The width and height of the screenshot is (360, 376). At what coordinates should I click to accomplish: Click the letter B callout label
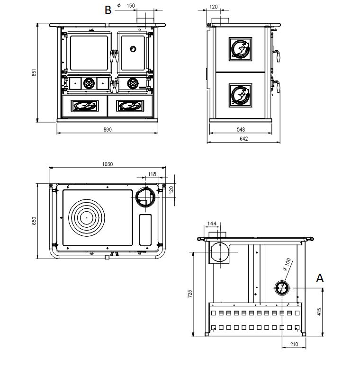coord(108,9)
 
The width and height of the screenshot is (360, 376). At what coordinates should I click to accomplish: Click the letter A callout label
coord(320,278)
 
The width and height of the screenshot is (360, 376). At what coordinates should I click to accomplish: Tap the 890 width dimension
coord(108,130)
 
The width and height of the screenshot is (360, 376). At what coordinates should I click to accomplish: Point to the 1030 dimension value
coord(108,164)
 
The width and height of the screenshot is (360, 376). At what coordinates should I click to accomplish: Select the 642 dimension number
coord(243,139)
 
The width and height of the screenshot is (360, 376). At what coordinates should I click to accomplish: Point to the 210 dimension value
coord(294,344)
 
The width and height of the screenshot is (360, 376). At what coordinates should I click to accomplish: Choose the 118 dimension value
coord(152,174)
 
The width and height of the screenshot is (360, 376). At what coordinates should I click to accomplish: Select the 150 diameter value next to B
coord(131,6)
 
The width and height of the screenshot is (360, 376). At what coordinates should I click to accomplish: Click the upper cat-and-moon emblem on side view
coord(240,49)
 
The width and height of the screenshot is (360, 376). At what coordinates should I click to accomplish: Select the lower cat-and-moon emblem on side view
coord(240,94)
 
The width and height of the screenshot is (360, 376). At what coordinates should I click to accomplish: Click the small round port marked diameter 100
coord(281,287)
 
